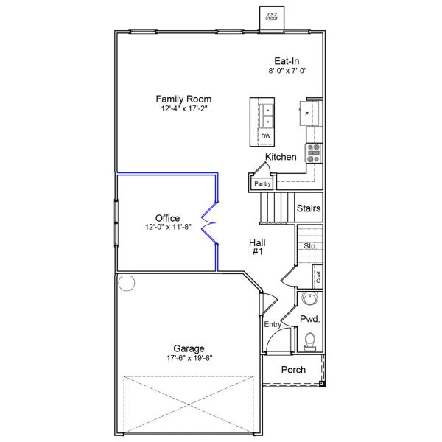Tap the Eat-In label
pos(287,61)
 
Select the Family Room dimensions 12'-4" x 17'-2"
pos(183,109)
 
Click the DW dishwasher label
pos(265,136)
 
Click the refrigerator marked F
pos(310,114)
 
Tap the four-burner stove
pos(314,152)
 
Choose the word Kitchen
pos(281,158)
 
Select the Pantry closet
pos(262,183)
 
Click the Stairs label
pos(308,208)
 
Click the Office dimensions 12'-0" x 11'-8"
pos(168,228)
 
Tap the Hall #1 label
pos(257,246)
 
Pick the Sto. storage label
pos(310,245)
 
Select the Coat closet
pos(318,277)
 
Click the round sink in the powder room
pos(310,299)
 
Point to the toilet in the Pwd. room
pos(310,340)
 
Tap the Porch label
pos(294,370)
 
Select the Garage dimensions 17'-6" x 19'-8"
pos(189,359)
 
